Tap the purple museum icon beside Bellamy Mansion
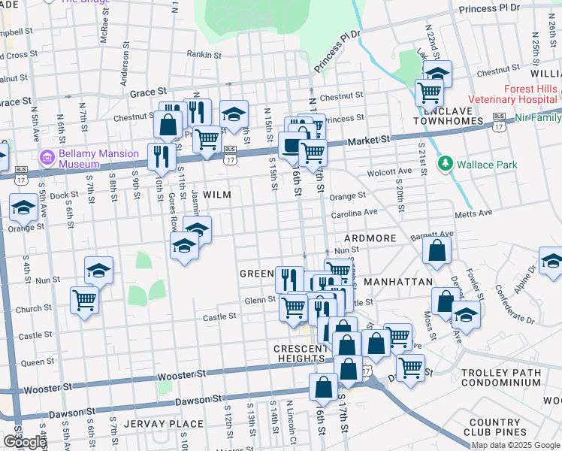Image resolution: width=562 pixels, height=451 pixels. pyautogui.click(x=48, y=159)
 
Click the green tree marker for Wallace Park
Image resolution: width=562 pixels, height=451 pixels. pyautogui.click(x=446, y=163)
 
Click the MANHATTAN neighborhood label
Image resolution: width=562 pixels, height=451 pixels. pyautogui.click(x=397, y=282)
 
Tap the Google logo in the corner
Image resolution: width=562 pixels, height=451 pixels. pyautogui.click(x=24, y=442)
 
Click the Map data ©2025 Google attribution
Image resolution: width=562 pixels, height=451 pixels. pyautogui.click(x=515, y=445)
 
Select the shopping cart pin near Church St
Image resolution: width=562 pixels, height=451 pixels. pyautogui.click(x=84, y=300)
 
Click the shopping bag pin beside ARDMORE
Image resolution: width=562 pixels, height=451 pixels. pyautogui.click(x=437, y=250)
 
